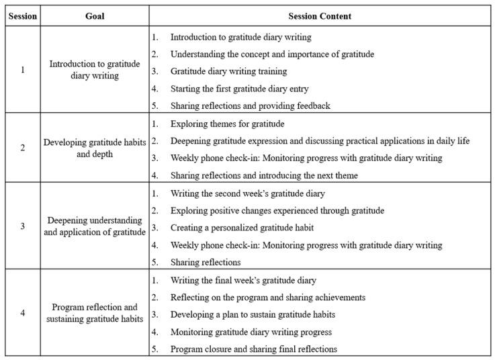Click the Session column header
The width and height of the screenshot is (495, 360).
[x=23, y=16]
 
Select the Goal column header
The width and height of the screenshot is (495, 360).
[x=95, y=16]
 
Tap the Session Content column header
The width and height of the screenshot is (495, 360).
[x=320, y=16]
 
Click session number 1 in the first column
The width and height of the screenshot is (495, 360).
[x=23, y=70]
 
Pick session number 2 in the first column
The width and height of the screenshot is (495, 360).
[x=23, y=148]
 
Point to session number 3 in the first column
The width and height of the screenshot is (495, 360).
[x=23, y=226]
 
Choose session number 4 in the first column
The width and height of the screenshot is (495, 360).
[x=23, y=313]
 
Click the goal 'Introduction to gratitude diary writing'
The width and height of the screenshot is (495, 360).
[x=95, y=70]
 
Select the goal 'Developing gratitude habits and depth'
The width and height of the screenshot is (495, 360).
[x=95, y=148]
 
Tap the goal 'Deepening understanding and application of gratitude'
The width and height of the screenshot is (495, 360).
[x=95, y=226]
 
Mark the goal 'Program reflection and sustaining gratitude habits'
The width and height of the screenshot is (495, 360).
[x=95, y=313]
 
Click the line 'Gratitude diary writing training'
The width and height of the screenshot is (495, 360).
[x=228, y=71]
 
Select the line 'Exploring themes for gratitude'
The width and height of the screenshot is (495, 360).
[x=227, y=124]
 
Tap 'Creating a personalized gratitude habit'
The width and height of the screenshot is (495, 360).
[x=242, y=228]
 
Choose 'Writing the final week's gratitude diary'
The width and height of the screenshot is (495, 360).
[x=243, y=280]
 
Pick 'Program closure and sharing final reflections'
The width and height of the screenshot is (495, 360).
[x=253, y=349]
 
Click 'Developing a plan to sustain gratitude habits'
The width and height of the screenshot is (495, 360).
[x=253, y=314]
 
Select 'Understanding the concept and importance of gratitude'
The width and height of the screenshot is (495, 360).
[x=272, y=54]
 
